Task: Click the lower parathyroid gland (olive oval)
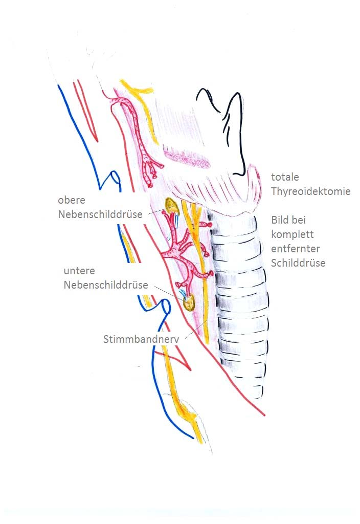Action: [189, 302]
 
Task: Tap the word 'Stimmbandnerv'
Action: [141, 339]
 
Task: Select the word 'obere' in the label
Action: [72, 200]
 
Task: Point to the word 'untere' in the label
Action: [79, 271]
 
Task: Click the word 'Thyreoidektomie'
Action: [310, 191]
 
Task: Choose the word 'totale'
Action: [285, 177]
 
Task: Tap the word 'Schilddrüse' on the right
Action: [298, 263]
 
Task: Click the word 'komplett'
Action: [292, 234]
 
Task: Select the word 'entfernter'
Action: [295, 249]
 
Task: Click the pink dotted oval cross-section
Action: [187, 159]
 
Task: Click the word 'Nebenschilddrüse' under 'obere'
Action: [100, 214]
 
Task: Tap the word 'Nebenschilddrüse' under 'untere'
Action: [106, 285]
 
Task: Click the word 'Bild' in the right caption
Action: [279, 220]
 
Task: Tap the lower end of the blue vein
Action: [193, 438]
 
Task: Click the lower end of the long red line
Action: [264, 416]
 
